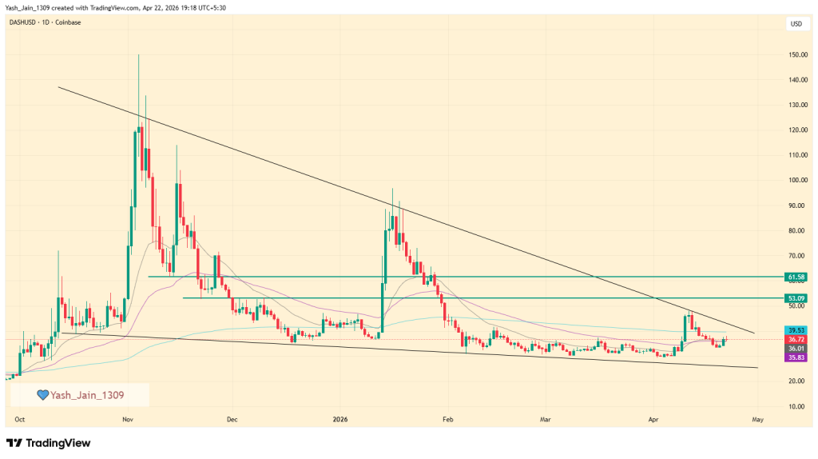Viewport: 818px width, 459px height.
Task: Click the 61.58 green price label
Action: point(796,277)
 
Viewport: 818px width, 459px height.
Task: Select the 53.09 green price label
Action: point(796,298)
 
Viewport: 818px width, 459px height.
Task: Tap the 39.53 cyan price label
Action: point(796,329)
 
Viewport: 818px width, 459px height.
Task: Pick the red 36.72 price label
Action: point(796,340)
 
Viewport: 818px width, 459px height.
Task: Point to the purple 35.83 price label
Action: point(796,358)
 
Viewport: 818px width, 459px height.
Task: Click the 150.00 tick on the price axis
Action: point(796,55)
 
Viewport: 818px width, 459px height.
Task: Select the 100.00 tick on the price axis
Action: point(796,180)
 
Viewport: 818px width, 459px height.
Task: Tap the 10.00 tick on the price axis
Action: point(796,406)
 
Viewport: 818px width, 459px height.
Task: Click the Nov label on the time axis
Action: point(127,418)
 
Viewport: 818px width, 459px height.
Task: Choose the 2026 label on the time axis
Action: point(339,418)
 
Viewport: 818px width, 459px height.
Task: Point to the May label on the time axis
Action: point(757,418)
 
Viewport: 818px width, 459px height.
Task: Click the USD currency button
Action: point(796,23)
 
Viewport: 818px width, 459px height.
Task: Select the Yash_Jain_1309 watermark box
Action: point(81,394)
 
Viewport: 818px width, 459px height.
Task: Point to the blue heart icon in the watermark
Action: point(43,394)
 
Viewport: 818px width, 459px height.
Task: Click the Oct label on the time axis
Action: point(19,418)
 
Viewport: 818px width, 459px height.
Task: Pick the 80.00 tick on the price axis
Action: point(796,230)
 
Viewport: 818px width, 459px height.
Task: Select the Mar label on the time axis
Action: point(546,418)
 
